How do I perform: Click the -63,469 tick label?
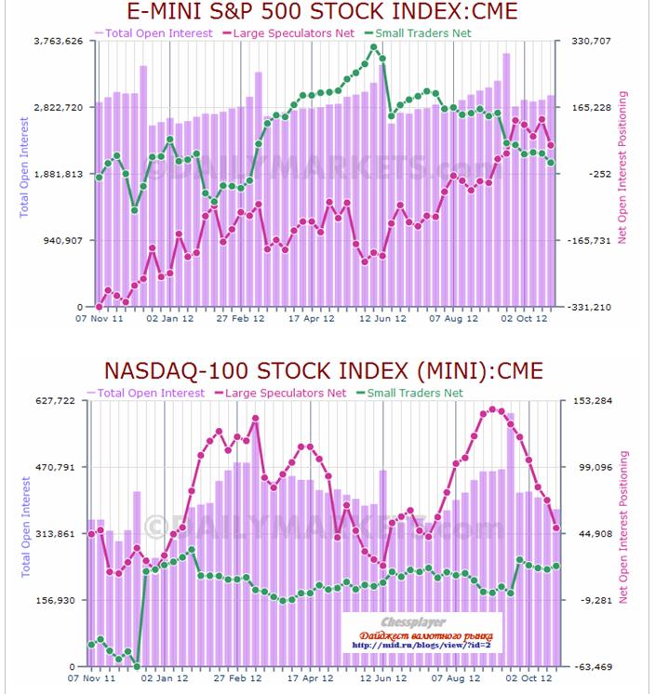(x=593, y=667)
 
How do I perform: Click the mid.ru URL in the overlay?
(x=421, y=645)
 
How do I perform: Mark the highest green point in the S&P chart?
(x=374, y=47)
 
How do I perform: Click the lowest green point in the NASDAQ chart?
(x=137, y=666)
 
